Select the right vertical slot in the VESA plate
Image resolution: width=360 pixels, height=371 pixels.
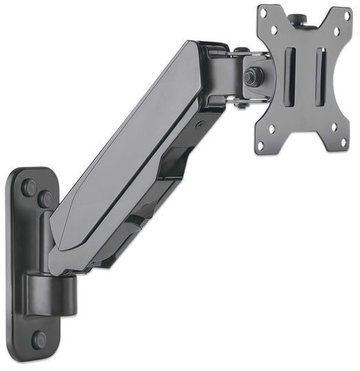tap(320, 76)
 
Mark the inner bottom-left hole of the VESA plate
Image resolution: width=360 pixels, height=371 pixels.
tap(272, 127)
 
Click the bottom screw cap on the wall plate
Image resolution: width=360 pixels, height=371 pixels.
tap(40, 339)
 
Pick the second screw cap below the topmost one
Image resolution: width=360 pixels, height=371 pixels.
tap(45, 199)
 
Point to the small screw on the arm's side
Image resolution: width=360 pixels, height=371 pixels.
tap(200, 124)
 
